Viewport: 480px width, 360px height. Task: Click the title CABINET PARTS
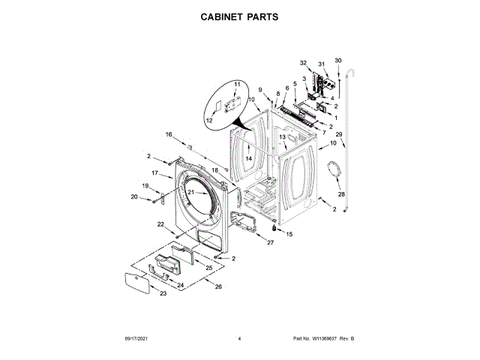pos(239,15)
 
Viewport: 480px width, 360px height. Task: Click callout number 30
pos(337,60)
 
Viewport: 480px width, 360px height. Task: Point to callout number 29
pos(339,135)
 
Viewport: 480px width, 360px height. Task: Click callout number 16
pos(169,134)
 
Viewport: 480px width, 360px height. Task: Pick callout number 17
pos(154,173)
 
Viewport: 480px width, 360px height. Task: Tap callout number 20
pos(135,197)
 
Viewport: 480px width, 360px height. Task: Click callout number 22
pos(160,223)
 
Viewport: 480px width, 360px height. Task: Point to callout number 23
pos(163,293)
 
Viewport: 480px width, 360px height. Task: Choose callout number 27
pos(271,242)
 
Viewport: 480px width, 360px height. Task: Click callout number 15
pos(289,234)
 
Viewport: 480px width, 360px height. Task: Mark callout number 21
pos(191,193)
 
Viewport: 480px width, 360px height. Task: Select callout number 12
pos(209,120)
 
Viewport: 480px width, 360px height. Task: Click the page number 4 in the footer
pos(238,339)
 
